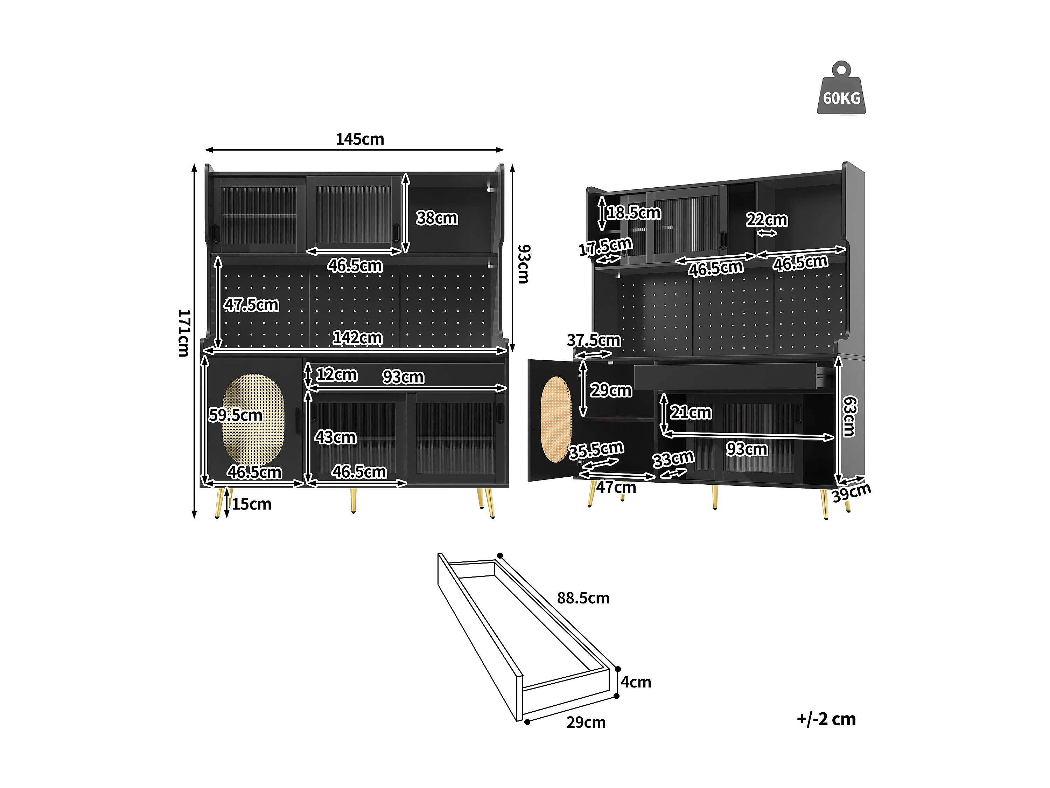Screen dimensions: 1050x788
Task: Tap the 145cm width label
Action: [360, 139]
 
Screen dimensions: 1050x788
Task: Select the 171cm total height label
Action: [184, 333]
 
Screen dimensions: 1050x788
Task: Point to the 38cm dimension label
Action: [437, 218]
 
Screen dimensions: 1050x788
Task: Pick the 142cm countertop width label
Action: [357, 338]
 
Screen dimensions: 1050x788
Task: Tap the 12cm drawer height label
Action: [337, 374]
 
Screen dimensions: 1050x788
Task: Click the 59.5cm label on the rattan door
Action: [236, 415]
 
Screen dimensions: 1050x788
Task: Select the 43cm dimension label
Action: [335, 437]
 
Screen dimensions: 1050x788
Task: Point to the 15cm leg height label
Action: [252, 504]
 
